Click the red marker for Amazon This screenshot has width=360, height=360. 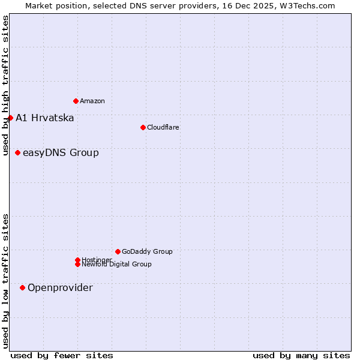click(76, 101)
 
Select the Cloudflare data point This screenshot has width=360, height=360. click(143, 127)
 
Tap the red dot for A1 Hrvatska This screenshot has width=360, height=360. click(10, 118)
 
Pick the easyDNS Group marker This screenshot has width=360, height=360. click(17, 152)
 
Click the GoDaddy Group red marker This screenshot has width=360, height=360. click(118, 251)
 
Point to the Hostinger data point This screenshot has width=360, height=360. click(77, 260)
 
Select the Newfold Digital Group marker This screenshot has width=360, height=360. click(77, 264)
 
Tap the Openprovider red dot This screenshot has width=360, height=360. click(22, 287)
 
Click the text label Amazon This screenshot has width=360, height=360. click(92, 101)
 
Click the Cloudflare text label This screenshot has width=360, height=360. click(163, 127)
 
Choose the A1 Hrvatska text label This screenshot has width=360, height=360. click(44, 118)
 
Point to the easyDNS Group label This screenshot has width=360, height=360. click(61, 152)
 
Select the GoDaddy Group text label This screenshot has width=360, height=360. click(147, 251)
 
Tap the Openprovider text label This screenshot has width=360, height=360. click(60, 287)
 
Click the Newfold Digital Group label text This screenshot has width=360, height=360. click(116, 265)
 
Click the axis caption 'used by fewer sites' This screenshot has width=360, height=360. click(62, 355)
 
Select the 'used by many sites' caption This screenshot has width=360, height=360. click(301, 355)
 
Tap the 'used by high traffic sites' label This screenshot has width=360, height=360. click(5, 85)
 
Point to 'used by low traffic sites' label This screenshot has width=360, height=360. click(5, 280)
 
